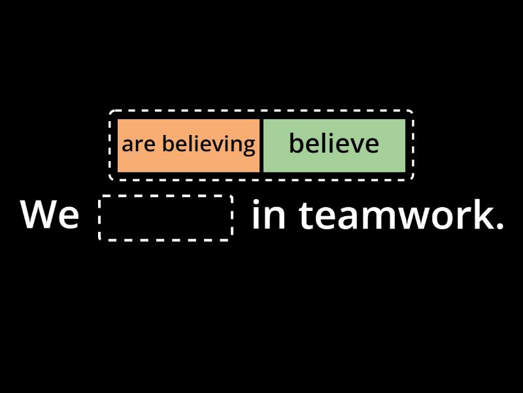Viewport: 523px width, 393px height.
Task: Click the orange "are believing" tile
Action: click(188, 145)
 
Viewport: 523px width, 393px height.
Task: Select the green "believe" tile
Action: click(333, 145)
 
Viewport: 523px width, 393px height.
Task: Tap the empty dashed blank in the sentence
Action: click(166, 217)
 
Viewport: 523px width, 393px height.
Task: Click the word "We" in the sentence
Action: click(50, 215)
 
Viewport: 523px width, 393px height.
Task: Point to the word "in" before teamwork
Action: click(269, 215)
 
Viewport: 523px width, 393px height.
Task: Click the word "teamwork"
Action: click(392, 215)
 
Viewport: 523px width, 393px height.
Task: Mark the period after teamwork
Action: click(500, 226)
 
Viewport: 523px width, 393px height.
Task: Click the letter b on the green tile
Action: click(295, 143)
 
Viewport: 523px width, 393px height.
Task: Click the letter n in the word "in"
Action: click(277, 217)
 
